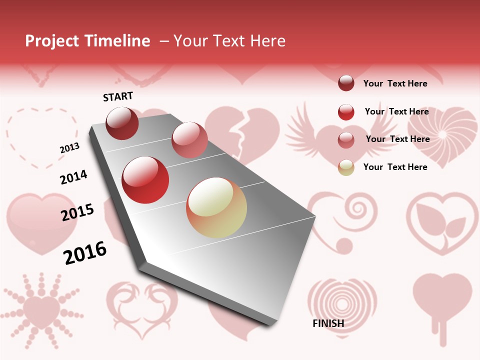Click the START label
coord(118,96)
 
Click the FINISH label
coord(328,323)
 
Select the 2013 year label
coord(69,148)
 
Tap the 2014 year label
coord(73,177)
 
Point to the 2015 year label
coord(77,212)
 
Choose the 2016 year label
coord(85,252)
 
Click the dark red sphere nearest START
coord(122,123)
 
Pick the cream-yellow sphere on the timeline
coord(216,207)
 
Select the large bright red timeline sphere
coord(145,180)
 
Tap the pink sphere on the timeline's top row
coord(189,140)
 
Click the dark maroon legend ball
coord(346,83)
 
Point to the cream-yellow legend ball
coord(346,167)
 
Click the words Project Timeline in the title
coord(87,41)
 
